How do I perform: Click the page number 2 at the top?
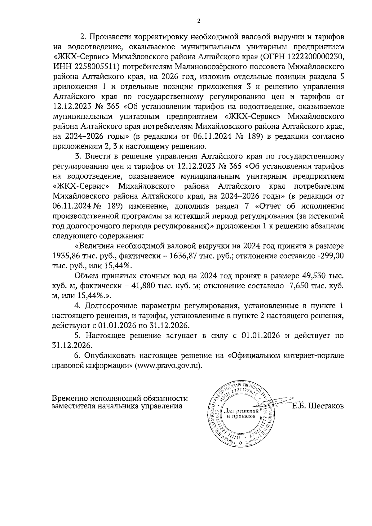point(198,21)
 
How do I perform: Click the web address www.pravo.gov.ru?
point(168,365)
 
